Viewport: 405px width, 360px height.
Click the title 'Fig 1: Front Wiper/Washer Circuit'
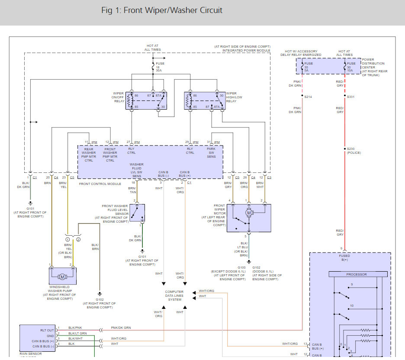point(162,10)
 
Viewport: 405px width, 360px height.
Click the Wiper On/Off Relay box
point(146,101)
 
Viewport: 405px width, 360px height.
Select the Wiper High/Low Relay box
point(205,101)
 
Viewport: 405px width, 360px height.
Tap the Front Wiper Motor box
point(249,218)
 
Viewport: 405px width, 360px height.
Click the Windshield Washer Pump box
point(63,276)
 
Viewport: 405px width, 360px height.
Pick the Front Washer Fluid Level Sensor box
point(137,213)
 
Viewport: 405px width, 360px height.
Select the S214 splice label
point(308,97)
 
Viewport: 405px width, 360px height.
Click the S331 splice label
point(350,97)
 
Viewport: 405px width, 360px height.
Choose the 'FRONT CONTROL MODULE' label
point(100,184)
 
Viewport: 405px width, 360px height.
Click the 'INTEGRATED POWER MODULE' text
point(246,50)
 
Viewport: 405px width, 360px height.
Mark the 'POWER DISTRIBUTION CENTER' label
point(374,67)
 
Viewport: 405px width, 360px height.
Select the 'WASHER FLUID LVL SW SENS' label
point(137,171)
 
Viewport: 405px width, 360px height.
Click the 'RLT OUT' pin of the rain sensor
point(48,331)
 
